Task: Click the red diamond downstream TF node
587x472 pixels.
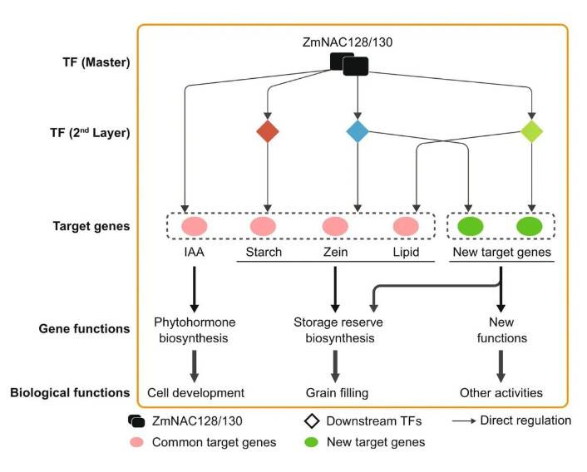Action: pos(267,131)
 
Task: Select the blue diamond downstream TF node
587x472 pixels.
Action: pos(358,131)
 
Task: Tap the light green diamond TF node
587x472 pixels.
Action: pos(531,131)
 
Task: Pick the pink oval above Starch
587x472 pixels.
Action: pos(263,226)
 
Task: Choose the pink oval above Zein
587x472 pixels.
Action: pos(335,226)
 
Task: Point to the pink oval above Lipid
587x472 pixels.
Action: pos(406,226)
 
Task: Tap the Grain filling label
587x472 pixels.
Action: pos(336,392)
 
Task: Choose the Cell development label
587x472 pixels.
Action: pos(196,392)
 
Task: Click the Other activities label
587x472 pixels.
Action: pos(501,392)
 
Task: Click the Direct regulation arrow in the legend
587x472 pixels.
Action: pos(462,421)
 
